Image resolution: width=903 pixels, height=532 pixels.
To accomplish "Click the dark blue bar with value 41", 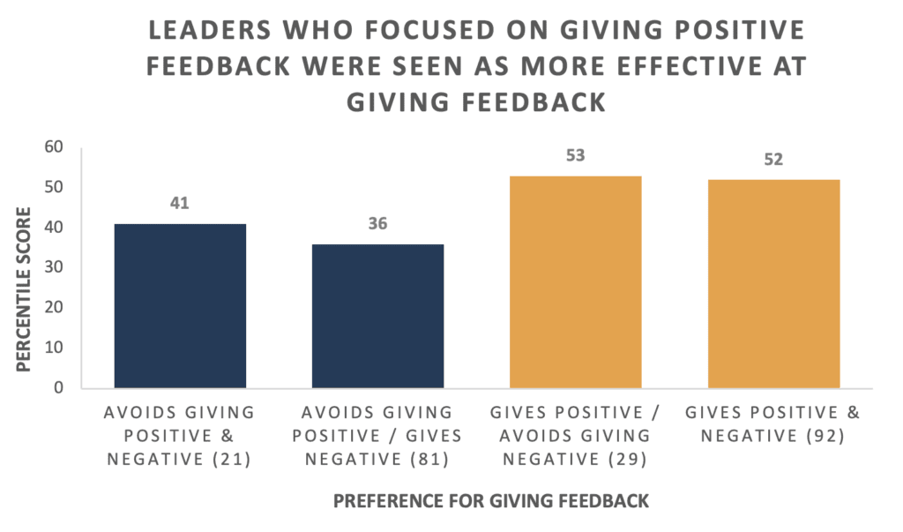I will point(180,306).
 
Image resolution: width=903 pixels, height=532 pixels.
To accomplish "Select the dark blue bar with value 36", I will point(377,316).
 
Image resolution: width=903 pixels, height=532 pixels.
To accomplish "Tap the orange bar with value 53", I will point(575,282).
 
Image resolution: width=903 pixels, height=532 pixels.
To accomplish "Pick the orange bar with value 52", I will point(773,284).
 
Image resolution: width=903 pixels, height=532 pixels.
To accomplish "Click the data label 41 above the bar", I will point(180,204).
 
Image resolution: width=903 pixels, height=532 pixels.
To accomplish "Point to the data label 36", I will point(377,224).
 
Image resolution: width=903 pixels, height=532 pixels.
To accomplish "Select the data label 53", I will point(575,156).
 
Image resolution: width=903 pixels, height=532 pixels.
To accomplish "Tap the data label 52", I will point(773,160).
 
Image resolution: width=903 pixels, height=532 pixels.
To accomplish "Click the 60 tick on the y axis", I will point(53,147).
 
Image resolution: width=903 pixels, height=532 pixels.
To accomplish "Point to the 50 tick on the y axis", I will point(53,188).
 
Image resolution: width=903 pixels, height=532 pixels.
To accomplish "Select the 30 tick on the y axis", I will point(53,267).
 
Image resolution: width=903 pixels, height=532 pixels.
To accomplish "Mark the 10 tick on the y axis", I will point(53,348).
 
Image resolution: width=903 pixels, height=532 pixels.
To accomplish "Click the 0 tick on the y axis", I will point(58,387).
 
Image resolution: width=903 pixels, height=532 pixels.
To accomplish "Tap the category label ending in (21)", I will point(180,435).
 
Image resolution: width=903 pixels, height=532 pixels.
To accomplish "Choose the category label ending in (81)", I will point(377,435).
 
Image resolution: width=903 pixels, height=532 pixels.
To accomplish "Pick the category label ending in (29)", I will point(575,435).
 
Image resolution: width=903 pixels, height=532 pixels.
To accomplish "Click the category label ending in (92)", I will point(773,423).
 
